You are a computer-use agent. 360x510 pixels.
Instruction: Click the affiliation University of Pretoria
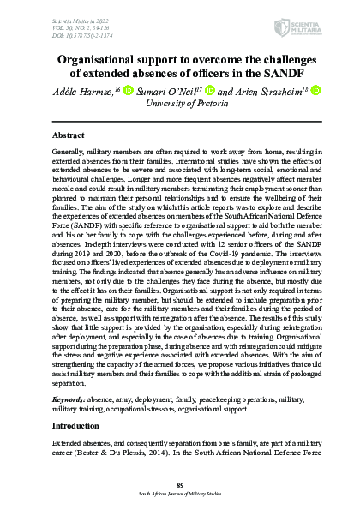180,104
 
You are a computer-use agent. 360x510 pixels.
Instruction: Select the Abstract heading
69,136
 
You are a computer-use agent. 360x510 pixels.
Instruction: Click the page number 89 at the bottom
180,484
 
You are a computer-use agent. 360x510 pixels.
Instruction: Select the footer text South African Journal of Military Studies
180,494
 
